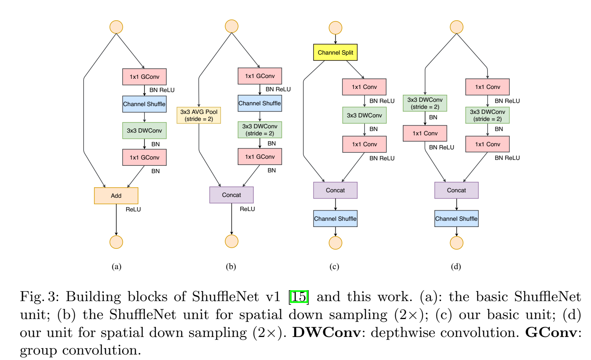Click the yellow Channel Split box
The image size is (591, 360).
[x=335, y=52]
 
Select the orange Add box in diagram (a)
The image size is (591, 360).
[x=116, y=195]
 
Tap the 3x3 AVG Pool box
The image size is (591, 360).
[x=199, y=115]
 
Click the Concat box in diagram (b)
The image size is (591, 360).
[x=231, y=195]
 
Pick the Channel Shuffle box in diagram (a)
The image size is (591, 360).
[x=144, y=104]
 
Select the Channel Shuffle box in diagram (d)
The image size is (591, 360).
[x=456, y=218]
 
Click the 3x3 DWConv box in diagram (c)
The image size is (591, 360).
[x=364, y=115]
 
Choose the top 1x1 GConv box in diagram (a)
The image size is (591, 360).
[x=144, y=77]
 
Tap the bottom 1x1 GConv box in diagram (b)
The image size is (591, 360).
[x=260, y=157]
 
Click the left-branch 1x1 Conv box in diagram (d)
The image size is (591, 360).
[x=425, y=133]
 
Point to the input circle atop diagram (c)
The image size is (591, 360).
[x=335, y=28]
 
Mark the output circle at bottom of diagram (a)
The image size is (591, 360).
[x=116, y=242]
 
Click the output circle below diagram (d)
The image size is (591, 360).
[x=456, y=243]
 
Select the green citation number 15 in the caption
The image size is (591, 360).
[x=299, y=297]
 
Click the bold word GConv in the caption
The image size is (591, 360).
[x=551, y=332]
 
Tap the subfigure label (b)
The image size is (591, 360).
[x=231, y=266]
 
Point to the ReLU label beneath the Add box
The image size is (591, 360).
[x=133, y=209]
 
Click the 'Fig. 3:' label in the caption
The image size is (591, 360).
[x=39, y=297]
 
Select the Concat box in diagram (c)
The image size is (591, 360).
[x=335, y=190]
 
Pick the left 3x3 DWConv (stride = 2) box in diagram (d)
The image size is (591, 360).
[x=425, y=103]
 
